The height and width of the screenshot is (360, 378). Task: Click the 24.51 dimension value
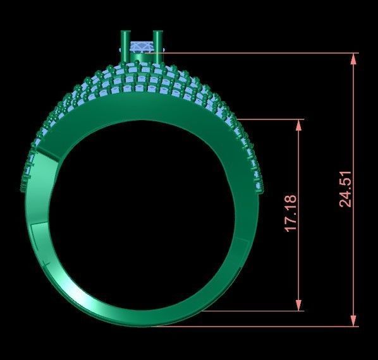(x=346, y=189)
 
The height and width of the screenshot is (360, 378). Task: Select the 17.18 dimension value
(x=291, y=213)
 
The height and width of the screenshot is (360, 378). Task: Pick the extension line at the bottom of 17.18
(x=253, y=311)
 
